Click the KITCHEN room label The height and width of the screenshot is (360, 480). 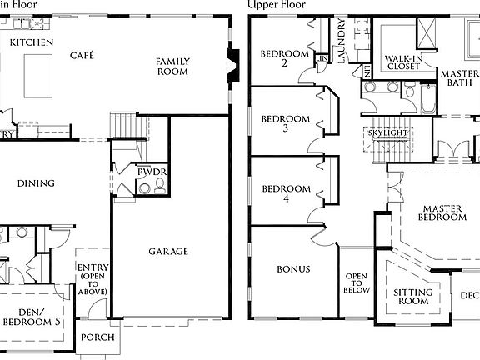point(32,42)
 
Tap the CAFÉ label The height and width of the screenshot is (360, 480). point(82,55)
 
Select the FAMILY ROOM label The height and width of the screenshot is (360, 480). point(173,66)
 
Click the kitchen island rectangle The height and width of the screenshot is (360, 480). point(37,75)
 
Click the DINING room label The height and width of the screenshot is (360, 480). point(35,183)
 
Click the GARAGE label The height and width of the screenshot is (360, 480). point(168,251)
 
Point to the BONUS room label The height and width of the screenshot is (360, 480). point(293,269)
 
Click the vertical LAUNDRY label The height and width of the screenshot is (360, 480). point(342,42)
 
